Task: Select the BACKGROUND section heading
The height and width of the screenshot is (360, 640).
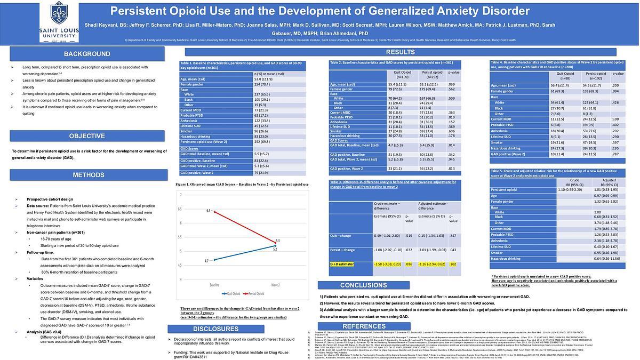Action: click(x=87, y=54)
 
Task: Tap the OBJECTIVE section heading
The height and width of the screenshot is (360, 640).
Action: click(x=87, y=136)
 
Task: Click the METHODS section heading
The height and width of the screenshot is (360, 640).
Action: click(x=88, y=175)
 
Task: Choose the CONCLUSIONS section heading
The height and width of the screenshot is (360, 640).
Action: click(x=356, y=285)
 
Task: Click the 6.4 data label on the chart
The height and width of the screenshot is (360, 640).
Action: click(x=209, y=212)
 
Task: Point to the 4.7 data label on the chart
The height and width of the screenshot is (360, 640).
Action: click(x=207, y=260)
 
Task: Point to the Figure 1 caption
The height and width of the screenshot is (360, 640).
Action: click(x=242, y=184)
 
